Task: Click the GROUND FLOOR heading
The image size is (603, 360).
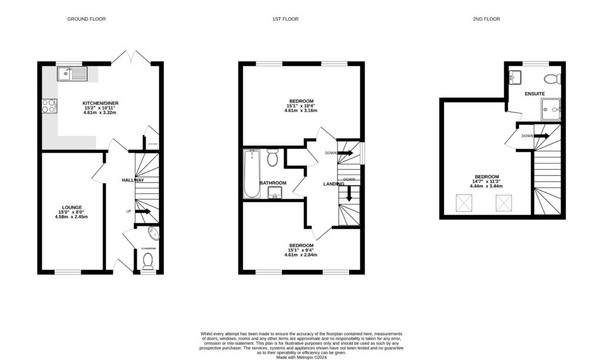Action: coord(87,19)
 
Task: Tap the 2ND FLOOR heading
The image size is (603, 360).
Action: coord(486,19)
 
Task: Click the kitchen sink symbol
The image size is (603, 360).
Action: coord(72,74)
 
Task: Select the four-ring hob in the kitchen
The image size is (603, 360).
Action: coord(49,105)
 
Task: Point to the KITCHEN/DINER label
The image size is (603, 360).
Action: coord(100,103)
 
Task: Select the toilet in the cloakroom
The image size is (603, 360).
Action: coord(148,261)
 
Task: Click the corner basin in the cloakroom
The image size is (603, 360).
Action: coord(153,233)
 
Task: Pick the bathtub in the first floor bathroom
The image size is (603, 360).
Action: coord(252,174)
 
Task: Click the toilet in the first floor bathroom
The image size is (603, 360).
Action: coord(272,158)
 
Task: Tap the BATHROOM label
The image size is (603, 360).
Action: coord(273,183)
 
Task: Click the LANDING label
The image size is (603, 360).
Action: coord(334,184)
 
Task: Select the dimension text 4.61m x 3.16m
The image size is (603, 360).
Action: coord(301,111)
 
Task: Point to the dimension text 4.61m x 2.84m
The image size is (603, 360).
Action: coord(301,255)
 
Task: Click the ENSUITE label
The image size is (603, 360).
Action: coord(535,94)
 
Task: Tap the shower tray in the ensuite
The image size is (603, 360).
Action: coord(552,109)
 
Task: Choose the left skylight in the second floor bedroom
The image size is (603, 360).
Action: coord(464,203)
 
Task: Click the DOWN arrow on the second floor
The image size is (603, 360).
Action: coord(541,136)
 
